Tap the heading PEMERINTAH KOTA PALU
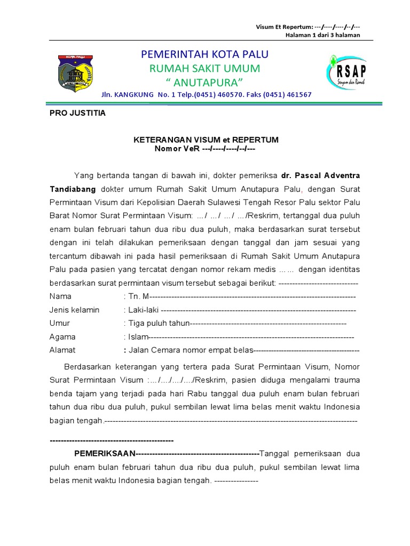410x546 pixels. [204, 54]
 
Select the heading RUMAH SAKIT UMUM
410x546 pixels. [204, 69]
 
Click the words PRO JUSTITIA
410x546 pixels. [77, 113]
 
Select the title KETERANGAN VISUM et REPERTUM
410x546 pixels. [206, 140]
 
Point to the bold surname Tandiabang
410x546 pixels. [73, 189]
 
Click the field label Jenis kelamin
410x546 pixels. [74, 310]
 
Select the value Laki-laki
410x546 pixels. [143, 310]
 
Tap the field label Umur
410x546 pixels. [60, 323]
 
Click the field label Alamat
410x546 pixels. [62, 350]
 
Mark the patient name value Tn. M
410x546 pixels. [138, 296]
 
